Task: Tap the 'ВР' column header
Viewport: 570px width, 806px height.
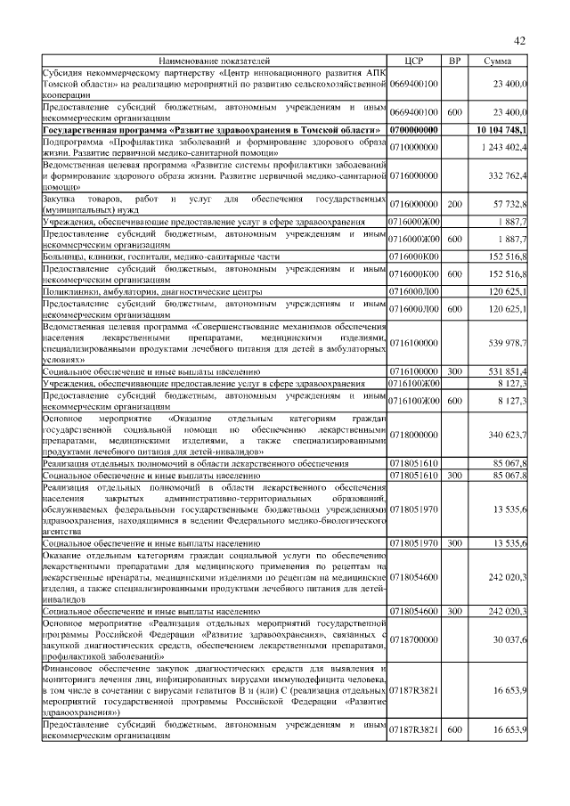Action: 454,61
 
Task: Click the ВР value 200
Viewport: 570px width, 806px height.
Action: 454,204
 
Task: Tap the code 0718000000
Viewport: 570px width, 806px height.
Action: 414,435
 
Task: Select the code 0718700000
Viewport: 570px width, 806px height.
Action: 414,639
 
